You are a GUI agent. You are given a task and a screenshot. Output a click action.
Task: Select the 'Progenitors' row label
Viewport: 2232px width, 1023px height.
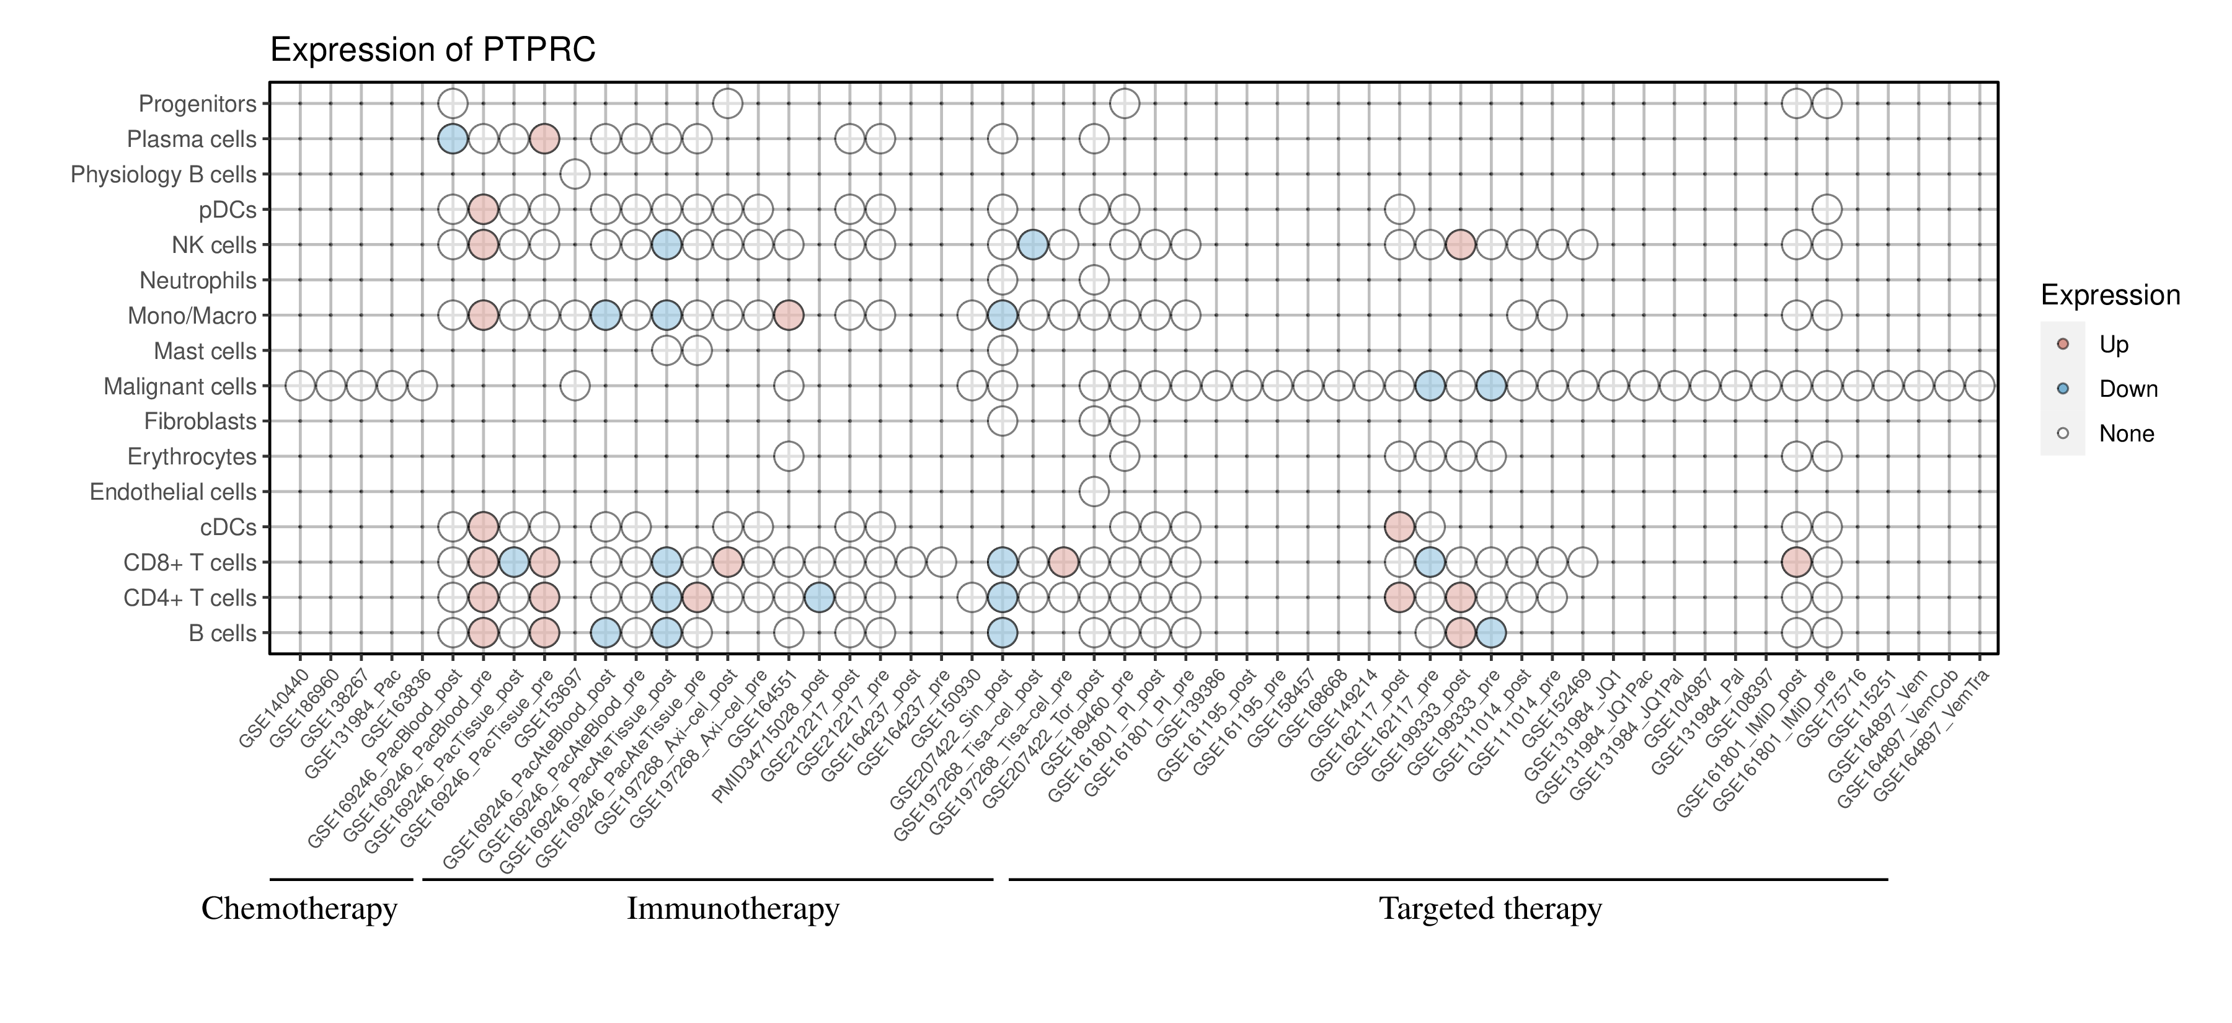coord(198,104)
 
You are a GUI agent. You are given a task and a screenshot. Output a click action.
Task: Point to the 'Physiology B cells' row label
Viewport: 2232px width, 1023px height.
coord(164,175)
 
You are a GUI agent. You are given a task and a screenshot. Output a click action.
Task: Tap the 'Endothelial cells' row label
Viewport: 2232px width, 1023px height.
coord(174,492)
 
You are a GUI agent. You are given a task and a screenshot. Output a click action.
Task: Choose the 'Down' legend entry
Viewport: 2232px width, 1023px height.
coord(2127,389)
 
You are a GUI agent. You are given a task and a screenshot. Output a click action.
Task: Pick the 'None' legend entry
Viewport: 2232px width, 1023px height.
coord(2125,434)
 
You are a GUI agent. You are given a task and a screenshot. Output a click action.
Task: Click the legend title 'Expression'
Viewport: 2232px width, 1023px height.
coord(2110,295)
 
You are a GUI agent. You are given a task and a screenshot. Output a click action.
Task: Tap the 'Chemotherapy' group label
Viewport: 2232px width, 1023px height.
coord(299,909)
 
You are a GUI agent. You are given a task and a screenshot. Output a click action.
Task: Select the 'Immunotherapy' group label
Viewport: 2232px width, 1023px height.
coord(733,909)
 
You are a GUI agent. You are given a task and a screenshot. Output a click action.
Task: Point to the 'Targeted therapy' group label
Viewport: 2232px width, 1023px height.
coord(1490,909)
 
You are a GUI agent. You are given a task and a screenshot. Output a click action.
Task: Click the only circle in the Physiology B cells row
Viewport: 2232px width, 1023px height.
coord(575,174)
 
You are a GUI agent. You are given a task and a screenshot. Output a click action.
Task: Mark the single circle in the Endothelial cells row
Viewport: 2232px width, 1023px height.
coord(1094,492)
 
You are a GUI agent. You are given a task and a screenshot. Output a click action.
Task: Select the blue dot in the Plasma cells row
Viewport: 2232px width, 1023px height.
coord(453,139)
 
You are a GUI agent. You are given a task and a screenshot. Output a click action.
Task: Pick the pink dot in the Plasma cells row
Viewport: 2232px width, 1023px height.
coord(544,139)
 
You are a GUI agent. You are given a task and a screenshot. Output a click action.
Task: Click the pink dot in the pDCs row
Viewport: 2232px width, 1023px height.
coord(482,210)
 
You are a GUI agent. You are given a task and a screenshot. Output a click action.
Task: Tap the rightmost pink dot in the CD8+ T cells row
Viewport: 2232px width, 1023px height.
coord(1796,562)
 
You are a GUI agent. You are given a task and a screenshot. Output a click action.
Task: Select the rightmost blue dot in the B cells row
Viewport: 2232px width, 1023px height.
coord(1490,633)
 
